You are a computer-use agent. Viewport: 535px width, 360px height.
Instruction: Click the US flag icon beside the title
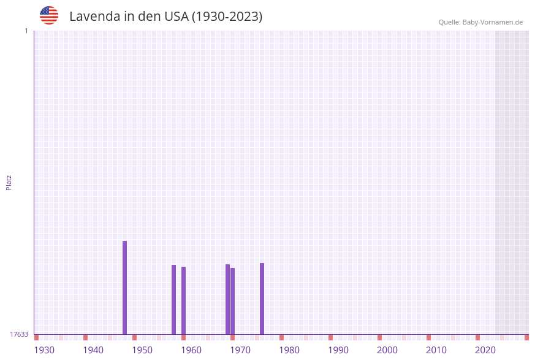pos(49,15)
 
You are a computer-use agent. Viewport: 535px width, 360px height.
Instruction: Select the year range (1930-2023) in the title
pos(227,17)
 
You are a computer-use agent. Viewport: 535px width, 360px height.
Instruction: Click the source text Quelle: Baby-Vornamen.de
pos(480,22)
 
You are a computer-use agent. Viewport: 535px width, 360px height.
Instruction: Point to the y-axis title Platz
pos(9,182)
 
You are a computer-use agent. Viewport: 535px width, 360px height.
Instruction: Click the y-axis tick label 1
pos(26,31)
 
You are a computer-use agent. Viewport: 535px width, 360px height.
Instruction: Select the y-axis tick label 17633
pos(19,334)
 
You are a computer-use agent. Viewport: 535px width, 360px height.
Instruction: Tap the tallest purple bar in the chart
pos(124,288)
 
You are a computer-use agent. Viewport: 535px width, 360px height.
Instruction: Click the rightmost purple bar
pos(262,299)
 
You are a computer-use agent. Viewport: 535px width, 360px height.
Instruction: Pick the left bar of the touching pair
pos(227,299)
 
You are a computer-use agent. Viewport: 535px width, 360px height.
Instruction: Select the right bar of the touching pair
pos(233,301)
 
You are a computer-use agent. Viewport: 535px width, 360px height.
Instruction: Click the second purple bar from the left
pos(173,299)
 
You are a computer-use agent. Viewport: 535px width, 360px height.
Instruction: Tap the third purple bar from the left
pos(183,301)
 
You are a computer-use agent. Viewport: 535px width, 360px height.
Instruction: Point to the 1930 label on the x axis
pos(44,350)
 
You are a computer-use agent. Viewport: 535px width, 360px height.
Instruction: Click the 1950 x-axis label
pos(142,350)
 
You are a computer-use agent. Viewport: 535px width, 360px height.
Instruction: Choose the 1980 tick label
pos(289,350)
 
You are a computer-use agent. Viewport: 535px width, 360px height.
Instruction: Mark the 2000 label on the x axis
pos(387,350)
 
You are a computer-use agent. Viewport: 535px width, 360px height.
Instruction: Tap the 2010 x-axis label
pos(436,350)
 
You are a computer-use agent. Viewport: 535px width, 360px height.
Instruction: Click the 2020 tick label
pos(485,350)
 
